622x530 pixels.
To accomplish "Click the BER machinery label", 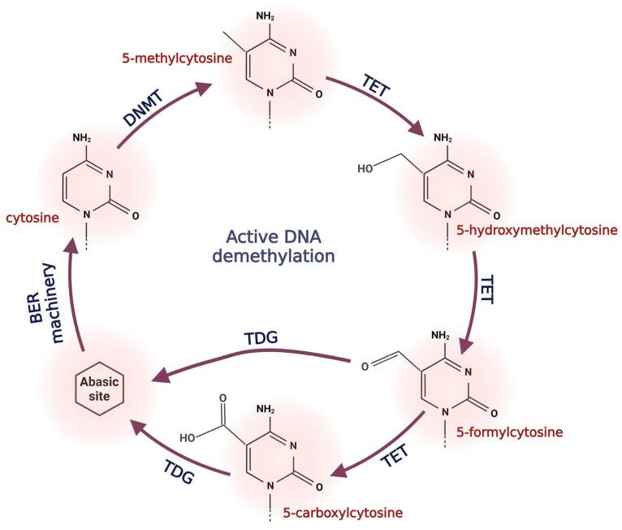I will [x=44, y=292].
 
